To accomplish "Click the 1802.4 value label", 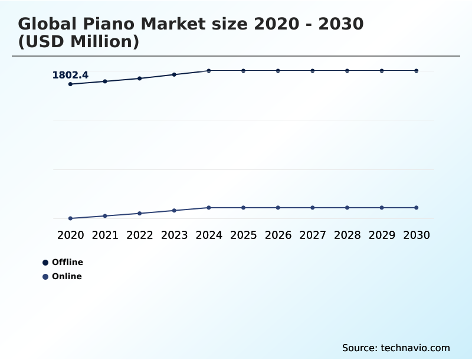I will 70,75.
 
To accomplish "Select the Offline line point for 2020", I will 71,84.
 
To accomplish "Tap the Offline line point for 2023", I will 174,74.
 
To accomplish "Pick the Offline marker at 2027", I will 313,71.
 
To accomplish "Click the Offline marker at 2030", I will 417,71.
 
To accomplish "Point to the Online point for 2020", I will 71,218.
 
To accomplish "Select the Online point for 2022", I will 140,213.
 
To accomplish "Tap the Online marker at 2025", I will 244,208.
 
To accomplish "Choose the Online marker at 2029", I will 382,208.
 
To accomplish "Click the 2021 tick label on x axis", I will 105,235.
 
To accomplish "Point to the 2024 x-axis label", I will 209,235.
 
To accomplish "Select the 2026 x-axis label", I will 278,235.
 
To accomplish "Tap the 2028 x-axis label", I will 347,235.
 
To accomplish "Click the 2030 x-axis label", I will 417,235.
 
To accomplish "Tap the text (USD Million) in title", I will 78,42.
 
